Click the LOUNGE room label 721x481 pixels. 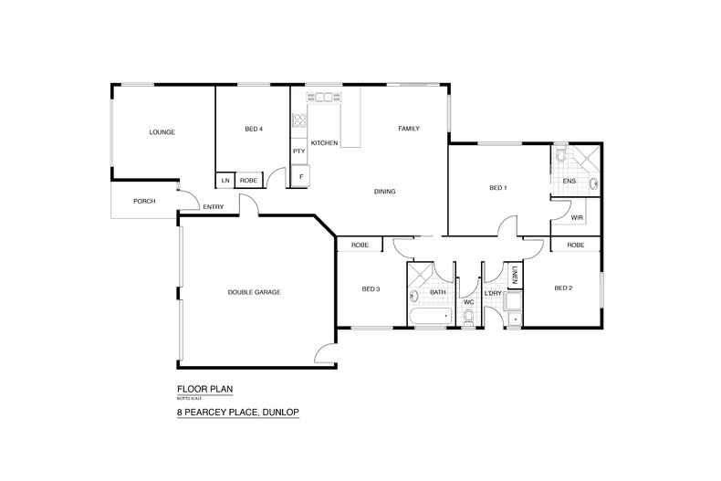tap(162, 132)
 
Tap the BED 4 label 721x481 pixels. tap(254, 130)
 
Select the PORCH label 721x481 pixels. tap(143, 201)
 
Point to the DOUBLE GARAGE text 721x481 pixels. tap(254, 292)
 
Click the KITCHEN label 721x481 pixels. tap(325, 143)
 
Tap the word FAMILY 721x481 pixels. tap(408, 129)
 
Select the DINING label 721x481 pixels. tap(384, 192)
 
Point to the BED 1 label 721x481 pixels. tap(497, 188)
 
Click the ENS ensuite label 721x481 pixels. tap(569, 181)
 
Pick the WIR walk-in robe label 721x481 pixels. tap(576, 219)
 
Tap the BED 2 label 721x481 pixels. tap(563, 288)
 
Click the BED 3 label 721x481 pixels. tap(370, 289)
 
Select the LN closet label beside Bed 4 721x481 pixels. tap(225, 181)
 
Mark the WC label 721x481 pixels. tap(467, 301)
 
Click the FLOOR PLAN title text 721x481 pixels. tap(204, 389)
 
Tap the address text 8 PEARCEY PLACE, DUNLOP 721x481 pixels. tap(238, 413)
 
